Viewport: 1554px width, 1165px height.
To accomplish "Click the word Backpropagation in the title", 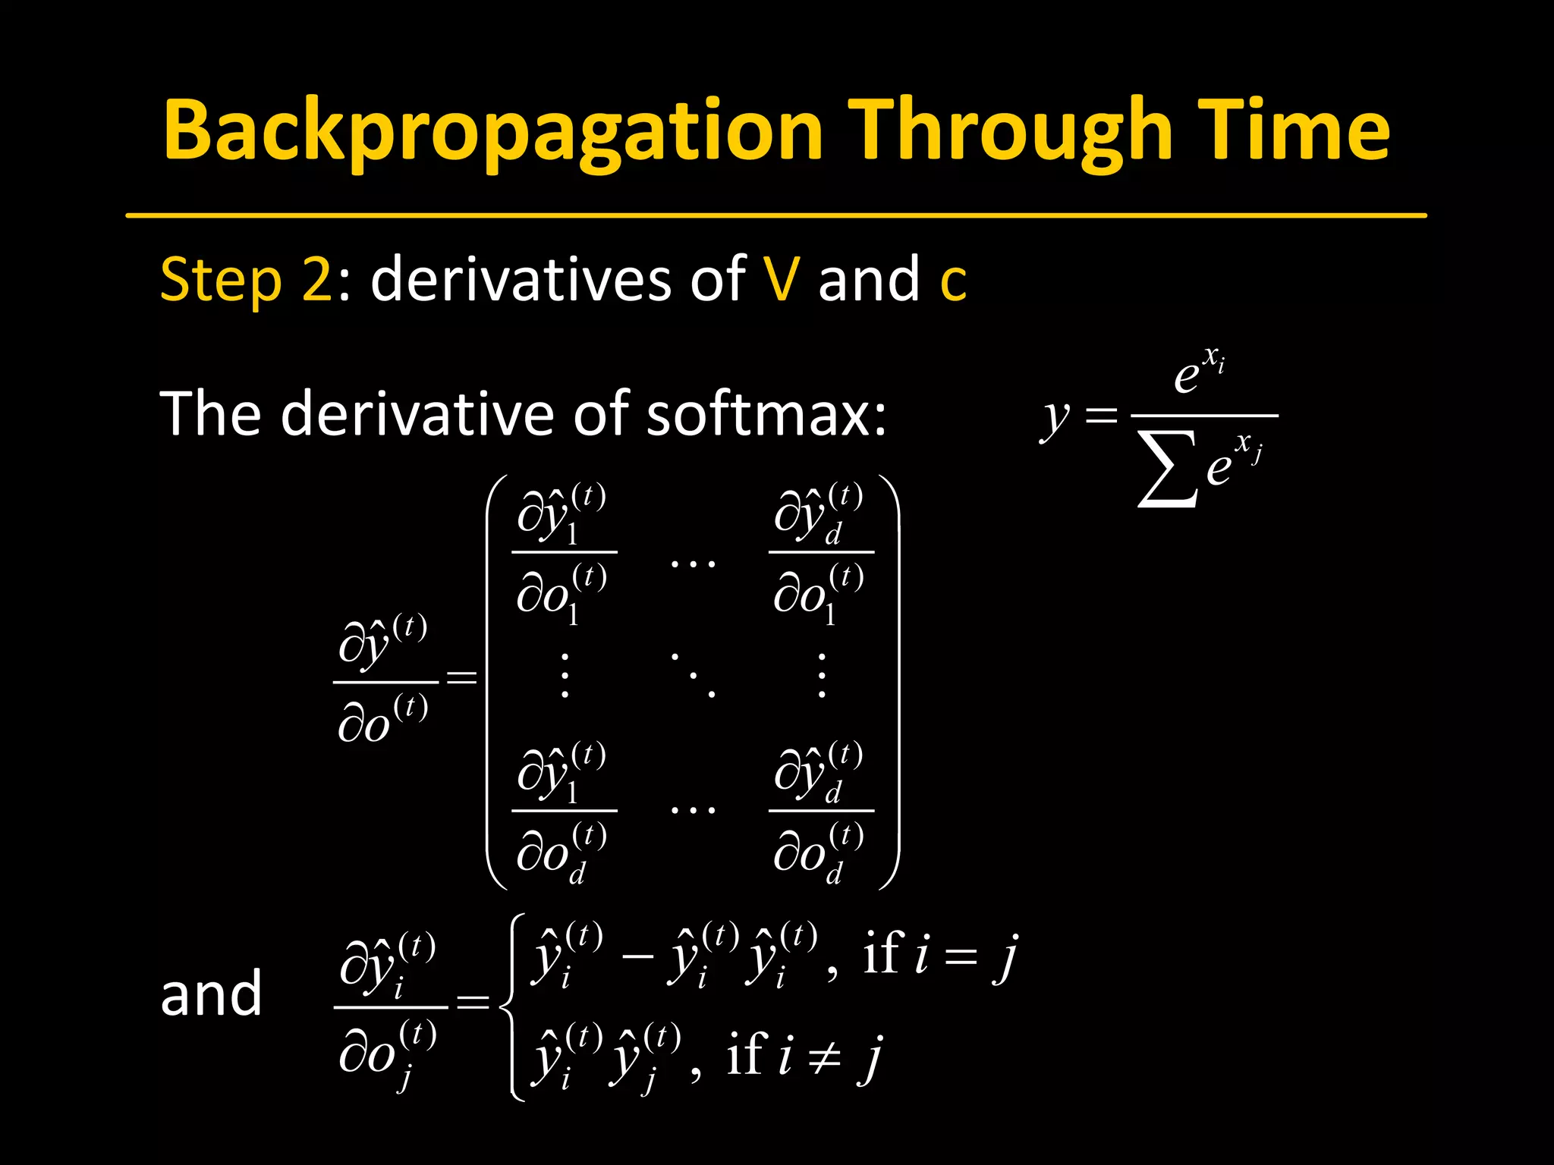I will [x=492, y=130].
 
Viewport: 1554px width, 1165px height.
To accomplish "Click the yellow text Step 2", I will [x=246, y=280].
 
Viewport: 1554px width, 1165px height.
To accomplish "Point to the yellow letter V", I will [x=782, y=279].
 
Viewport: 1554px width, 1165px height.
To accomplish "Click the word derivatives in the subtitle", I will [x=521, y=279].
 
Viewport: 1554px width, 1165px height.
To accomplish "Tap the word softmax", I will [x=766, y=414].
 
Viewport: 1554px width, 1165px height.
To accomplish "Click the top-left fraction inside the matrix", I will [x=564, y=553].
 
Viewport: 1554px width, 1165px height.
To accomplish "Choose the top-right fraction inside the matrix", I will [x=820, y=553].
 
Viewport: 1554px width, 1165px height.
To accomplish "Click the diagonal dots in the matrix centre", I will [x=693, y=674].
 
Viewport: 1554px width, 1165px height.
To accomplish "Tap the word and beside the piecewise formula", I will [x=211, y=994].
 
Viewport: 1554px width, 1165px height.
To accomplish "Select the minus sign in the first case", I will [x=637, y=955].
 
